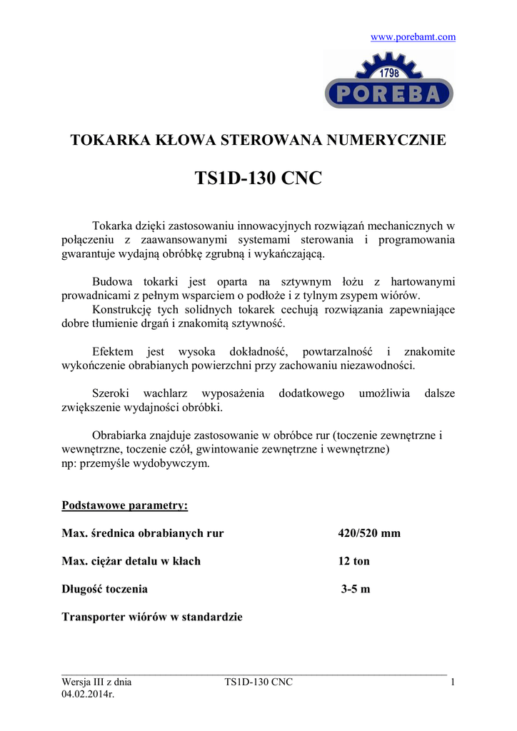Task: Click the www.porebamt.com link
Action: tap(413, 37)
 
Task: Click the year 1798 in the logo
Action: tap(389, 73)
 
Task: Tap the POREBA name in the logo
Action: tap(389, 93)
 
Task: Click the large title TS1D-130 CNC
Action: tap(258, 178)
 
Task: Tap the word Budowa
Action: tap(112, 282)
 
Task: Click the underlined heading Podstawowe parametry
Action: tap(125, 505)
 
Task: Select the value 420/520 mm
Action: tap(369, 533)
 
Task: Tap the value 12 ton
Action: tap(353, 561)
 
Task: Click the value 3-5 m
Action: tap(356, 589)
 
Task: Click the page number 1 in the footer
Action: tap(453, 682)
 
